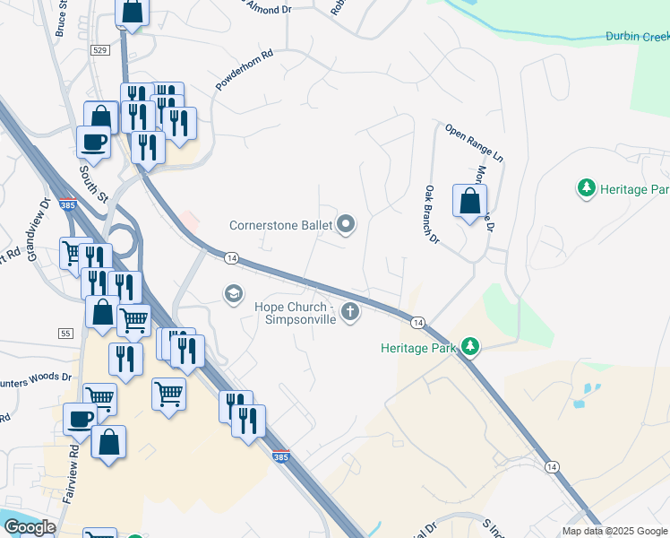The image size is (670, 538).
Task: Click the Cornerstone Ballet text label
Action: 280,226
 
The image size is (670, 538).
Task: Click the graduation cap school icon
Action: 234,293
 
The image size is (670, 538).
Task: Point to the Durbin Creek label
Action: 637,37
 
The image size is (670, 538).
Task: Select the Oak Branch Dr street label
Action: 432,214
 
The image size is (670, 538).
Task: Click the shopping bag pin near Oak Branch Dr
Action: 469,202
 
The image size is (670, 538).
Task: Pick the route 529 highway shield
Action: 100,50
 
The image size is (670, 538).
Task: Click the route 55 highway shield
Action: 65,333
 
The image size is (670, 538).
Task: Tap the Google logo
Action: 30,527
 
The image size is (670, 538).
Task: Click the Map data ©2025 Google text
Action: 615,531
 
